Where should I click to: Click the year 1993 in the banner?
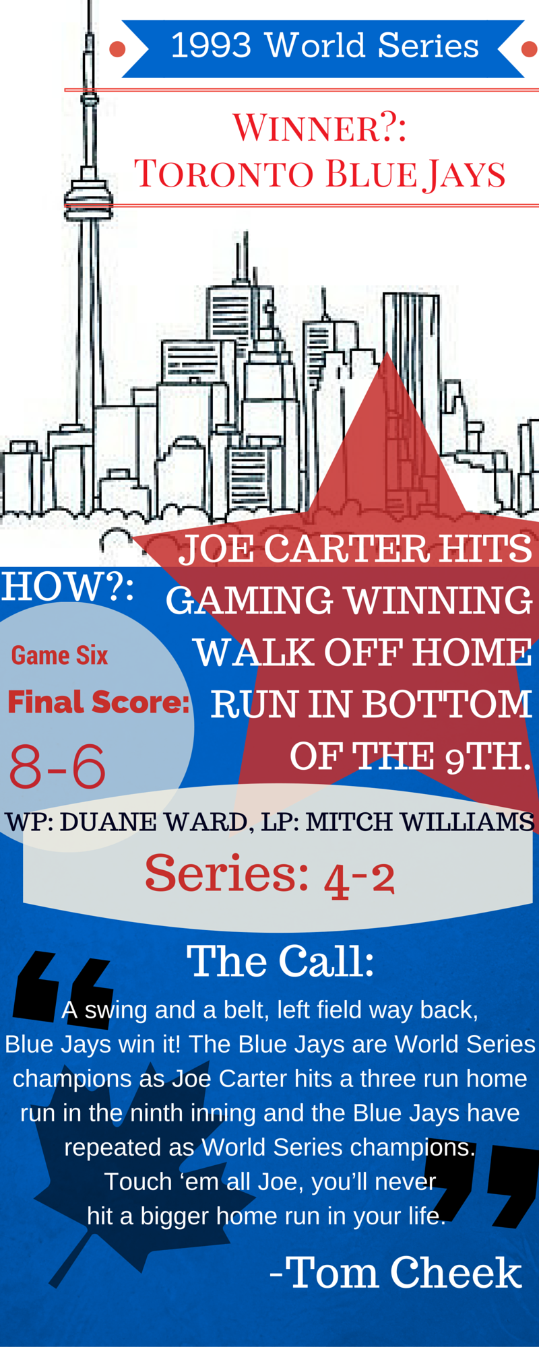click(212, 46)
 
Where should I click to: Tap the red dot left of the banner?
click(117, 49)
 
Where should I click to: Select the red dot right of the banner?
click(530, 49)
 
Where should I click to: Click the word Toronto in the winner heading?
click(225, 174)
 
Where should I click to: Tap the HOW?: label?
click(67, 587)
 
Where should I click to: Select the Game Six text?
click(59, 656)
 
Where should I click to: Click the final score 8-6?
click(57, 766)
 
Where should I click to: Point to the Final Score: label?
click(99, 702)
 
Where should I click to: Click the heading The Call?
click(280, 961)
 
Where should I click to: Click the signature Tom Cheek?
click(405, 1273)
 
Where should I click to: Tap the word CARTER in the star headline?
click(346, 549)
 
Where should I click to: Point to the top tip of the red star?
click(388, 352)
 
